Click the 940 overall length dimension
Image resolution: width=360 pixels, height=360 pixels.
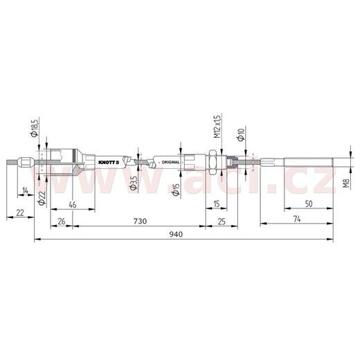tap(176, 234)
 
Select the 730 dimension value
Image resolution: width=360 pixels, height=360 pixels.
tap(140, 221)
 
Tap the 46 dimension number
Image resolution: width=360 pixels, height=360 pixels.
tap(73, 204)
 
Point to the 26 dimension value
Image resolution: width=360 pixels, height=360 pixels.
tap(62, 222)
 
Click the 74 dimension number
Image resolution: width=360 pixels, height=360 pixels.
tap(297, 219)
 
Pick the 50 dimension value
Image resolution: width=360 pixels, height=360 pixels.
tap(309, 204)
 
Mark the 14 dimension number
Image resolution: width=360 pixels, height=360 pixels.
tap(25, 190)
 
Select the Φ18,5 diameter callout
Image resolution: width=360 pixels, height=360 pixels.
tap(35, 127)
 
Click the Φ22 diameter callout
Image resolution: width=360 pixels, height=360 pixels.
tap(42, 198)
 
